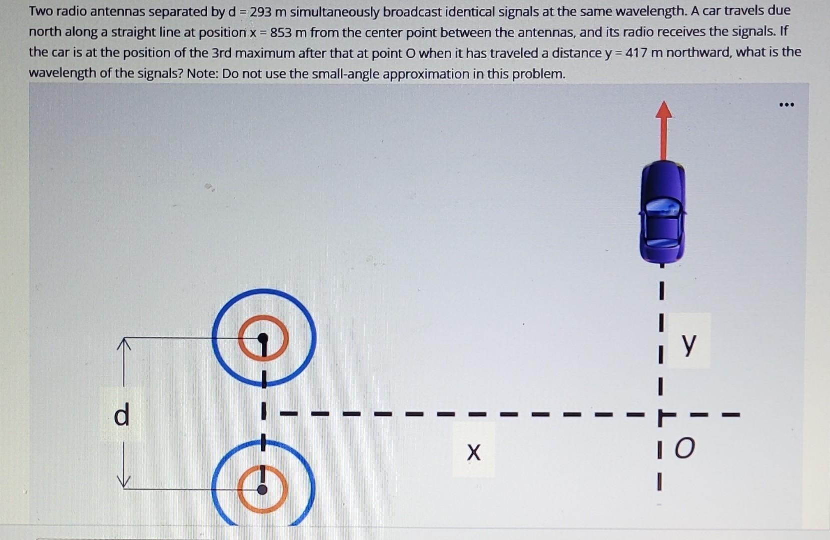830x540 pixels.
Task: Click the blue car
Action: pos(662,212)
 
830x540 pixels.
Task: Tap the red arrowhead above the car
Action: pos(663,109)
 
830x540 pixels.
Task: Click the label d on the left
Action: pos(121,415)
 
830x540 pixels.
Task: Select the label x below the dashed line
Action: pos(473,451)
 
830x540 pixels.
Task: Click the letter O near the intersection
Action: pos(684,448)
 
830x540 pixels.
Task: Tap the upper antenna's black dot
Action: pos(263,338)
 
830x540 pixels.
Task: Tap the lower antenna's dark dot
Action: pos(262,489)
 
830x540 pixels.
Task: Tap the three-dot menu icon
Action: pos(786,104)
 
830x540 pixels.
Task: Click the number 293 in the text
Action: pos(260,11)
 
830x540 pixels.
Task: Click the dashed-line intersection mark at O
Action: pos(661,415)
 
